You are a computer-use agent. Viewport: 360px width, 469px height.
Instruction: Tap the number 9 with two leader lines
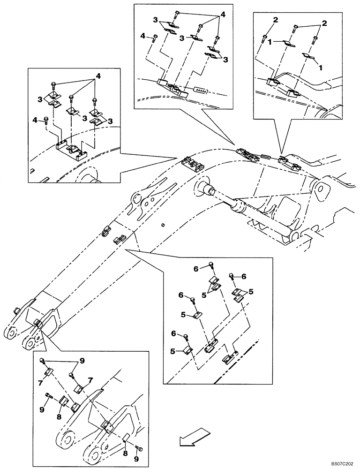(x=82, y=361)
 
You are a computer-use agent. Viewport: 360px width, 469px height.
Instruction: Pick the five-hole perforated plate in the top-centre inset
(x=201, y=89)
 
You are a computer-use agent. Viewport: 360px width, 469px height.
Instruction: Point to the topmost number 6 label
(x=196, y=269)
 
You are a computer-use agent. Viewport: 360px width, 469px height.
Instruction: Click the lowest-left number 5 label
(x=173, y=351)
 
